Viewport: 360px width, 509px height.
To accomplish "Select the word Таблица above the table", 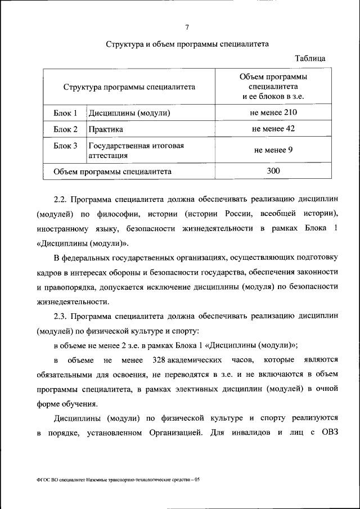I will pos(310,58).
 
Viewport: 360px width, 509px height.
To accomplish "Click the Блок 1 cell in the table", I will pos(65,113).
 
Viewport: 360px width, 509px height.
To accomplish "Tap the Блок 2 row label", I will pos(65,129).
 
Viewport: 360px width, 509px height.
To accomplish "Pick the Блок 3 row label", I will pos(65,146).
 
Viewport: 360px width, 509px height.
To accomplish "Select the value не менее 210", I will pos(273,112).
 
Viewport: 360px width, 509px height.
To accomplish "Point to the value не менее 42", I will pos(273,128).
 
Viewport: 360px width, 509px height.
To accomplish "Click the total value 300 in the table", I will pos(273,171).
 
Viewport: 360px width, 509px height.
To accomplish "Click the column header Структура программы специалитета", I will pos(129,87).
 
